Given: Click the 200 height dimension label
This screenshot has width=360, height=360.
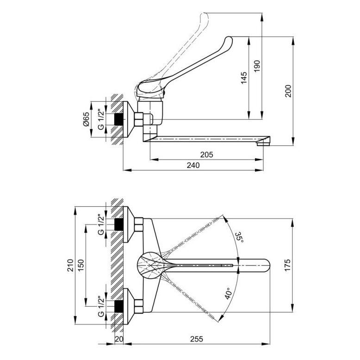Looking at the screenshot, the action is tap(288, 91).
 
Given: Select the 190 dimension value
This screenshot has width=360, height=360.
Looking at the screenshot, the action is tap(257, 66).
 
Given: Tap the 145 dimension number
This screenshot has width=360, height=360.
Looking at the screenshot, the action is tap(244, 78).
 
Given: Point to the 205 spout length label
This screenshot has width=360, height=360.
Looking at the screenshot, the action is tap(207, 155).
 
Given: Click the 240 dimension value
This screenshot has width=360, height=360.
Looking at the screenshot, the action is tap(193, 165).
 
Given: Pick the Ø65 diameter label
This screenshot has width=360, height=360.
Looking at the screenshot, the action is tap(86, 119).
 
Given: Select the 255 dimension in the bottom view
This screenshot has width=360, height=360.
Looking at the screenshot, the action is tap(197, 339).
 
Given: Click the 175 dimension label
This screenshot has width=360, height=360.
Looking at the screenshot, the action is tap(287, 265).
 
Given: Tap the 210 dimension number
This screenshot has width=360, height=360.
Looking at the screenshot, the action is tap(70, 265).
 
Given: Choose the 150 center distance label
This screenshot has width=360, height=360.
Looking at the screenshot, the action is tap(81, 265).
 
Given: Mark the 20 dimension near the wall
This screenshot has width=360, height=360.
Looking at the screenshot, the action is tap(119, 339).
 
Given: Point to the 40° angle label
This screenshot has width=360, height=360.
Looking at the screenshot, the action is tap(229, 293).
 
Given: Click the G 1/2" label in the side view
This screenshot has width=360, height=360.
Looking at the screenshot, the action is tap(101, 120).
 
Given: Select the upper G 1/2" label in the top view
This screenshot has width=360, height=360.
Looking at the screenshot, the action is tap(101, 225).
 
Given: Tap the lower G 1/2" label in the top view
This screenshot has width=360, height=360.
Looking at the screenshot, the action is tap(101, 306).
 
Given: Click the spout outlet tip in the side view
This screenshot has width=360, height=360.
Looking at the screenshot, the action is tap(263, 144).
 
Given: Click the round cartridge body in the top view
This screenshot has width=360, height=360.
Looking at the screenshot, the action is tap(149, 265).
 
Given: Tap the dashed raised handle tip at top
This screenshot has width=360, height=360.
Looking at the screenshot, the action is tap(205, 16).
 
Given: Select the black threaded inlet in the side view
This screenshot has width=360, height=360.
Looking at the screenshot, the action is tap(118, 119).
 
